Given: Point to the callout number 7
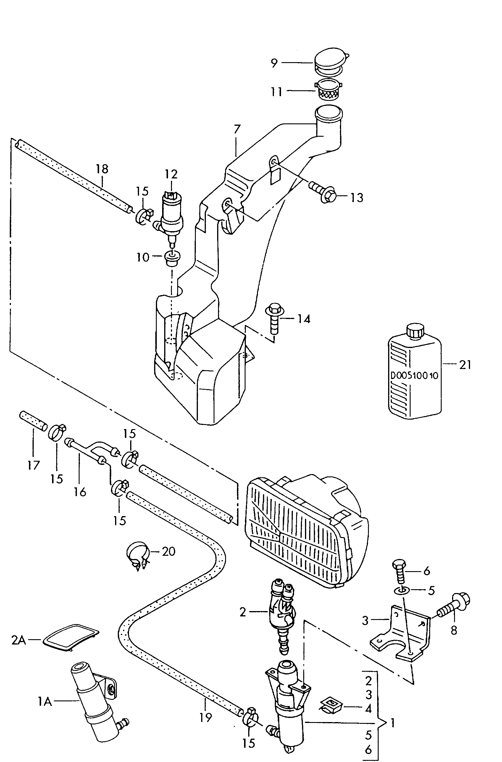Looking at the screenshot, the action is point(237,129).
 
